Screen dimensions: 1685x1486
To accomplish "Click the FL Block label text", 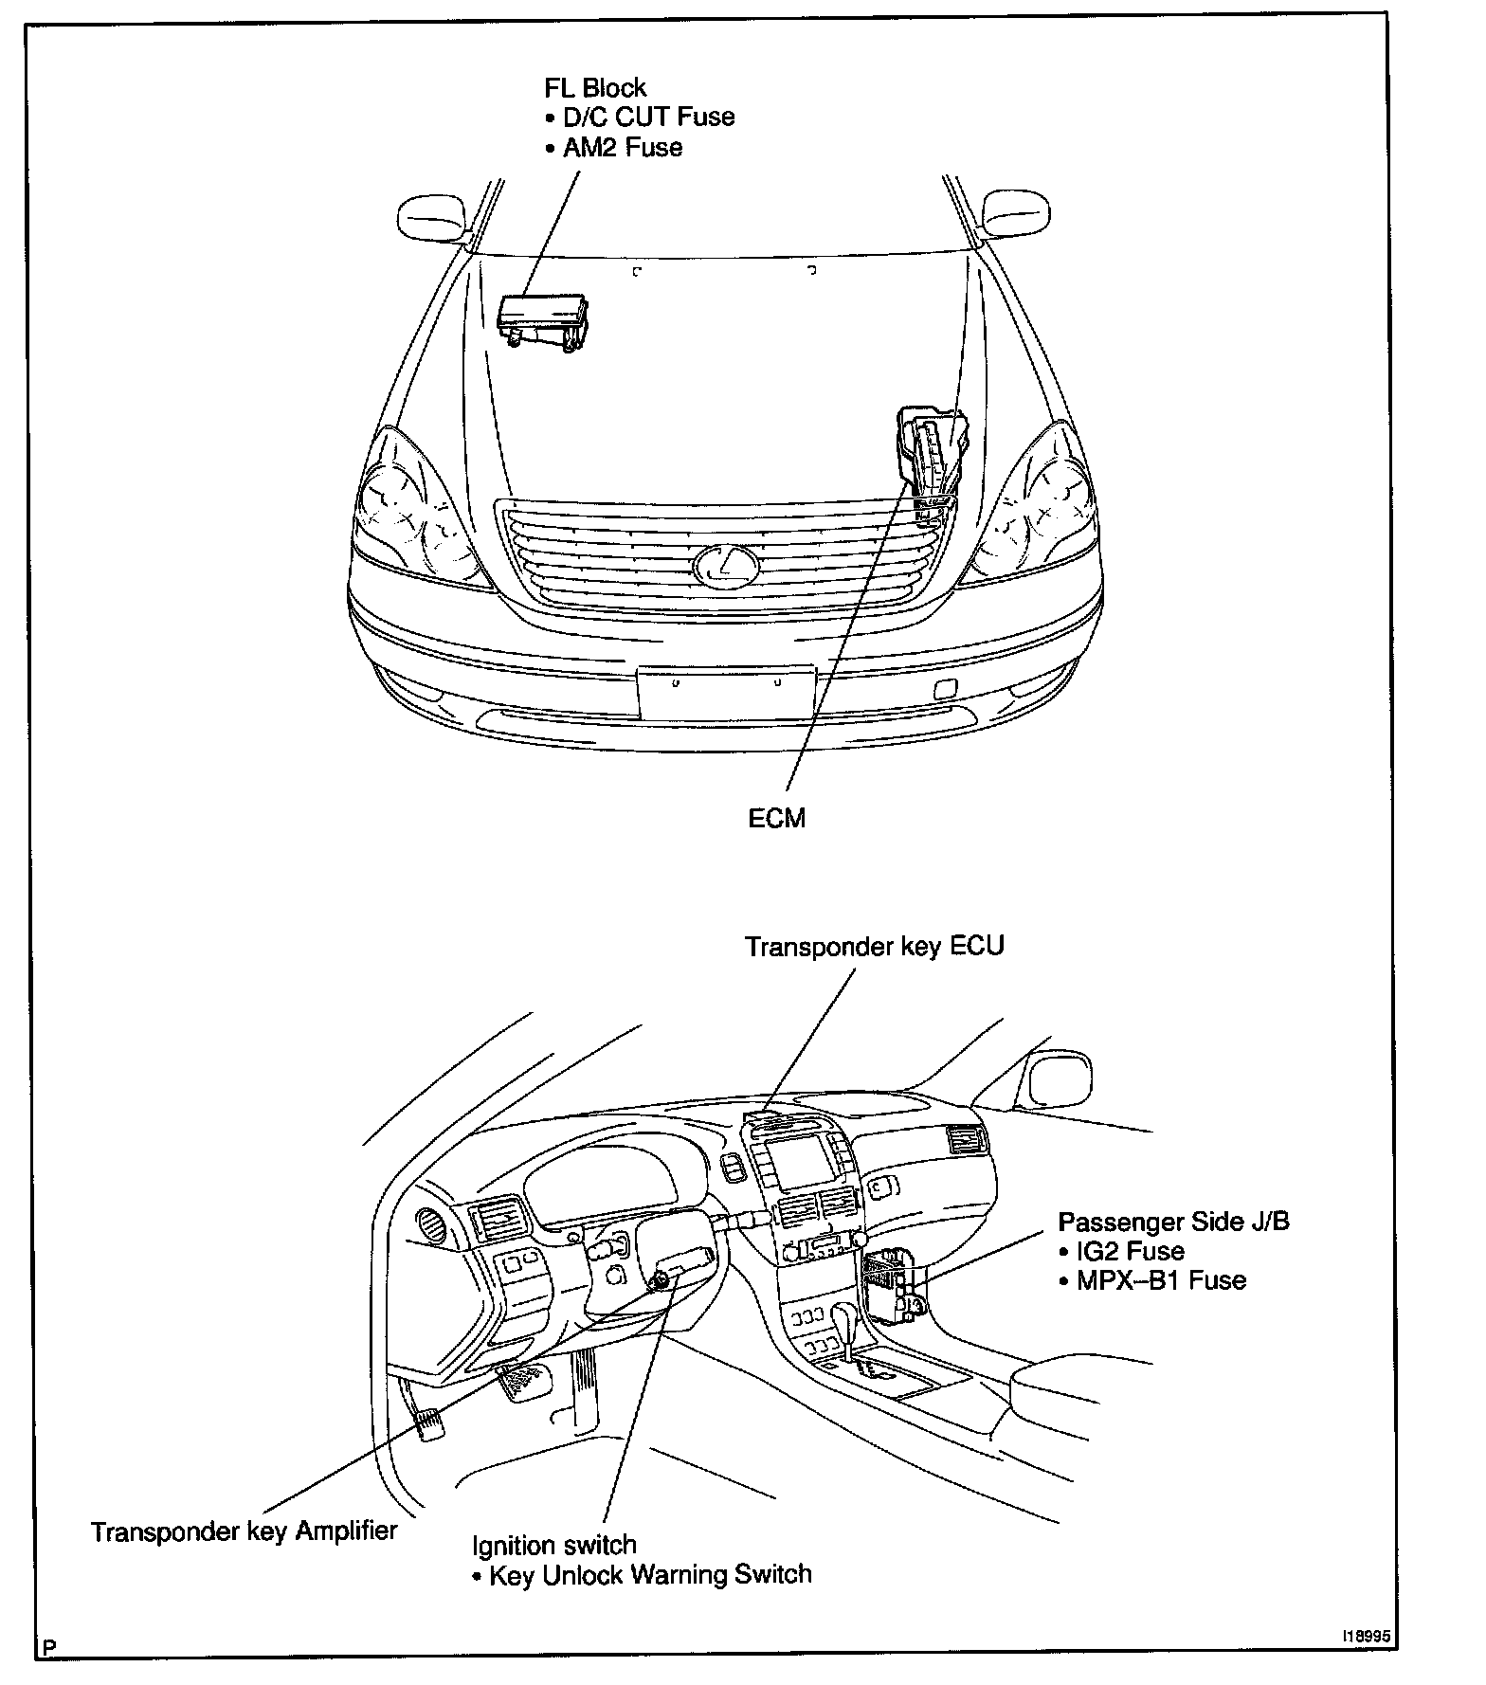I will [594, 88].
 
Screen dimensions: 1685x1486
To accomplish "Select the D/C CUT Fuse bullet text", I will [648, 118].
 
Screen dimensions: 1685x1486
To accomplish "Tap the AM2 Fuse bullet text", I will [622, 148].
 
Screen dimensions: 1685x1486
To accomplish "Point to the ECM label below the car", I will [776, 819].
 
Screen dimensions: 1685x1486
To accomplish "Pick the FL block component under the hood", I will [543, 318].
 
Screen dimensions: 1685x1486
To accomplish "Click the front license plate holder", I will [726, 693].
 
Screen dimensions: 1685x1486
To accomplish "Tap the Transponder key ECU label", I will [874, 947].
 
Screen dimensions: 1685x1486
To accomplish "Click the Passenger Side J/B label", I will [1173, 1222].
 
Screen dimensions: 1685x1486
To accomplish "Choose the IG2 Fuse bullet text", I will [1130, 1251].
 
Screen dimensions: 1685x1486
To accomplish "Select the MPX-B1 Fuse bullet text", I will [1161, 1281].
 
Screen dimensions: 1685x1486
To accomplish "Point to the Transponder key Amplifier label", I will [244, 1532].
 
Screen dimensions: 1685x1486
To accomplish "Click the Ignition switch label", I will [554, 1546].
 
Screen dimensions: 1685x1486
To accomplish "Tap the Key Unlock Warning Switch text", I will [650, 1575].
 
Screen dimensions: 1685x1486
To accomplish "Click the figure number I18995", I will [1367, 1637].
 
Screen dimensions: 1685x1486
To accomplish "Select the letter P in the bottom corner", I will [49, 1648].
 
